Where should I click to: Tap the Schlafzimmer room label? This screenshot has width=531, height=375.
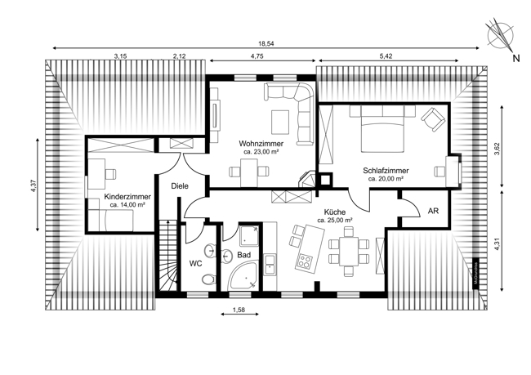(x=387, y=171)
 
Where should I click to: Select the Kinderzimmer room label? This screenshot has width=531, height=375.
(x=127, y=198)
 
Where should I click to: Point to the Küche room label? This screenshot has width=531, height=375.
(x=335, y=211)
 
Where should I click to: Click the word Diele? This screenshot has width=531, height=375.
(x=180, y=186)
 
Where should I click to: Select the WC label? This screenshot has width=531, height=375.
(x=195, y=264)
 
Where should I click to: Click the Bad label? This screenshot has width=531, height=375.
(x=243, y=256)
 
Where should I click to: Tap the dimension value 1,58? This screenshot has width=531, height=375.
(x=239, y=310)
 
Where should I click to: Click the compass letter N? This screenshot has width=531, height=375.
(x=515, y=58)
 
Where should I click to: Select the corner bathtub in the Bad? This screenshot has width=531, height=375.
(x=245, y=278)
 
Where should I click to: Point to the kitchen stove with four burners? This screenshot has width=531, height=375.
(x=306, y=263)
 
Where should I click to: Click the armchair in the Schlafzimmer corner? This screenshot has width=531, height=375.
(x=432, y=121)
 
